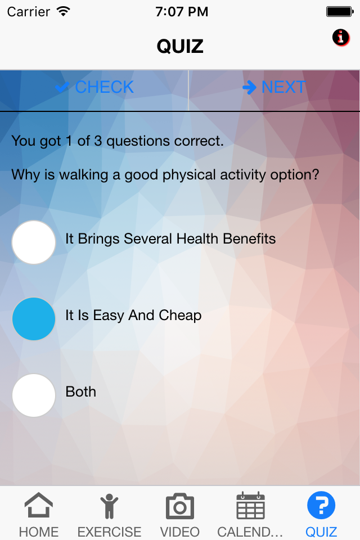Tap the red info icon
click(341, 37)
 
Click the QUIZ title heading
click(180, 46)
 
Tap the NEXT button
click(274, 87)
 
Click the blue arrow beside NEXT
click(249, 87)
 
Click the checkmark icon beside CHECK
click(62, 87)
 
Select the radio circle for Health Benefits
click(34, 242)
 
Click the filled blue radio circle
click(34, 319)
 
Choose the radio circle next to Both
click(34, 395)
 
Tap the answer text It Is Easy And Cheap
click(133, 316)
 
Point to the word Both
click(80, 391)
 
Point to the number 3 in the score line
click(98, 141)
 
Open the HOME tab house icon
click(39, 505)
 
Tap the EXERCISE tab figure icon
click(109, 506)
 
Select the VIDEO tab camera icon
click(180, 506)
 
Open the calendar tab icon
click(250, 505)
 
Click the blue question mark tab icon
click(321, 505)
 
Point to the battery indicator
click(340, 12)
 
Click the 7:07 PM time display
click(182, 12)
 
